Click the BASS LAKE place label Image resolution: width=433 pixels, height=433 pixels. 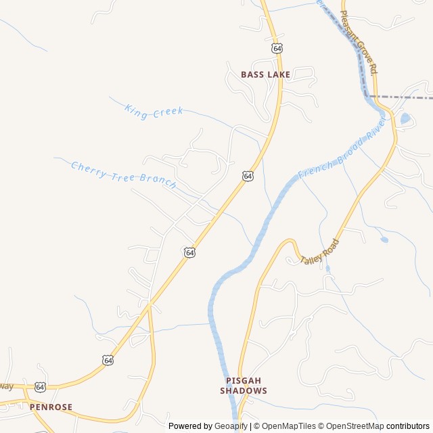pyautogui.click(x=265, y=74)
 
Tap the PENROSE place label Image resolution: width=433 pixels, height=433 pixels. pyautogui.click(x=50, y=407)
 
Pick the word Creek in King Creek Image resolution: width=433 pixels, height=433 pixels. pyautogui.click(x=167, y=112)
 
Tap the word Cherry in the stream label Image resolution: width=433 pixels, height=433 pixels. pyautogui.click(x=88, y=168)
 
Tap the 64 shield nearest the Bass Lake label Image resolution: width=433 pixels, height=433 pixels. pyautogui.click(x=277, y=49)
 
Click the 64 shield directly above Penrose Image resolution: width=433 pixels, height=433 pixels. pyautogui.click(x=40, y=386)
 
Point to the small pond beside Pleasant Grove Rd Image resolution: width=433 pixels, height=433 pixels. pyautogui.click(x=405, y=118)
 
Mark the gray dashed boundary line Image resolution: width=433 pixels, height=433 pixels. pyautogui.click(x=406, y=97)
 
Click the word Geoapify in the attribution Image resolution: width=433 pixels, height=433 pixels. pyautogui.click(x=231, y=426)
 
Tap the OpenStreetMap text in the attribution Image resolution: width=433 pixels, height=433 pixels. pyautogui.click(x=352, y=426)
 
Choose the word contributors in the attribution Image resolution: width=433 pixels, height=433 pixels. pyautogui.click(x=409, y=426)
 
